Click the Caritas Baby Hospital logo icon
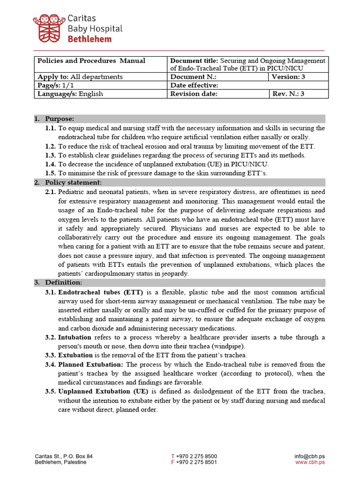coord(48,28)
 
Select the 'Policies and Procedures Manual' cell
coord(91,61)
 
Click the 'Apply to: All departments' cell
coord(80,77)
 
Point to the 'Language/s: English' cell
coord(70,94)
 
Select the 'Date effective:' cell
coord(194,85)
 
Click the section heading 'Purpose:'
coord(60,119)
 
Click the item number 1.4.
coord(51,164)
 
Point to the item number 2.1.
coord(51,192)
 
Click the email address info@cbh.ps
coord(309,456)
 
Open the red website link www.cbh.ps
coord(310,462)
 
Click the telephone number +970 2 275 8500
coord(196,456)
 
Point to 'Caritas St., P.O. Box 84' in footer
coord(64,456)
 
